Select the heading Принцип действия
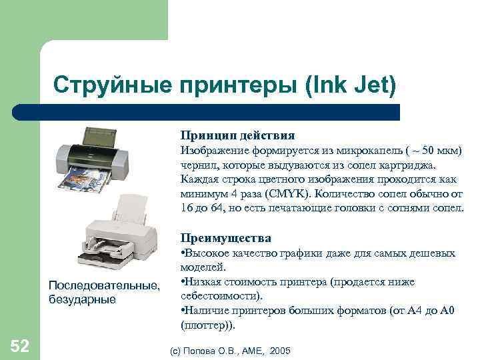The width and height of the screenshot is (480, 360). point(238,135)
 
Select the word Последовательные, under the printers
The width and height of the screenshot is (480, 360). point(104,286)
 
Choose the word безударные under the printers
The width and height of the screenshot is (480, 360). point(82,299)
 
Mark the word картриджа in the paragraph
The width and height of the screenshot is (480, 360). point(413,165)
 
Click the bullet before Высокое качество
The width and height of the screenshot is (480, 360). point(183,253)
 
